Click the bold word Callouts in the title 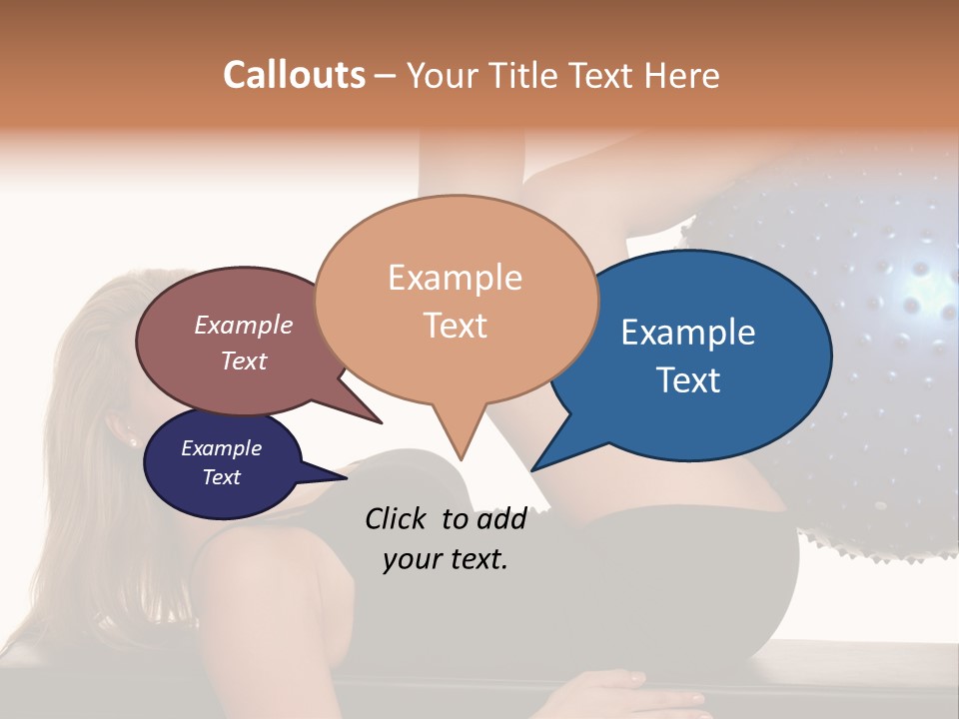[294, 75]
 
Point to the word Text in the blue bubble [689, 379]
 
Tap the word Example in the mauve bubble [243, 325]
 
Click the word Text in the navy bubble [221, 477]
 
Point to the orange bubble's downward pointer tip [461, 458]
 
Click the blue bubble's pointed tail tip [532, 469]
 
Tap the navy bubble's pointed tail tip [347, 478]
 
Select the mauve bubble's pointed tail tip [381, 422]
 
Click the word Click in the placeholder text [398, 518]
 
